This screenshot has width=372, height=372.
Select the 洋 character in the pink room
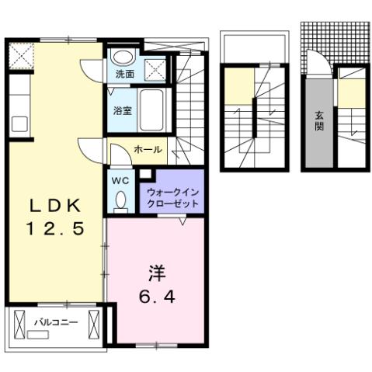(155, 274)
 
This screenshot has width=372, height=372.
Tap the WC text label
(120, 180)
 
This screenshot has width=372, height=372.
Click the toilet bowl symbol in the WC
(120, 201)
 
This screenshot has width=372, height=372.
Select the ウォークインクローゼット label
(172, 197)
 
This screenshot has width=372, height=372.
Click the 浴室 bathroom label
(123, 110)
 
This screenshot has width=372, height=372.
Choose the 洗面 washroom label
(124, 75)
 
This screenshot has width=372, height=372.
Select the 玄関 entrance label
(318, 120)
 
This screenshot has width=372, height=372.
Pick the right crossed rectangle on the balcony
(95, 321)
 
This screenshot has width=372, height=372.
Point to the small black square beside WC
(145, 175)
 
